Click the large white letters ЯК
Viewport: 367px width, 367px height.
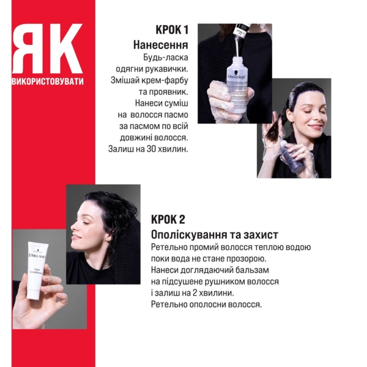coord(47,50)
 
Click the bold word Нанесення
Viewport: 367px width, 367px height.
coord(160,45)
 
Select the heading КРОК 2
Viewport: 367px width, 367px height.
coord(168,220)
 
